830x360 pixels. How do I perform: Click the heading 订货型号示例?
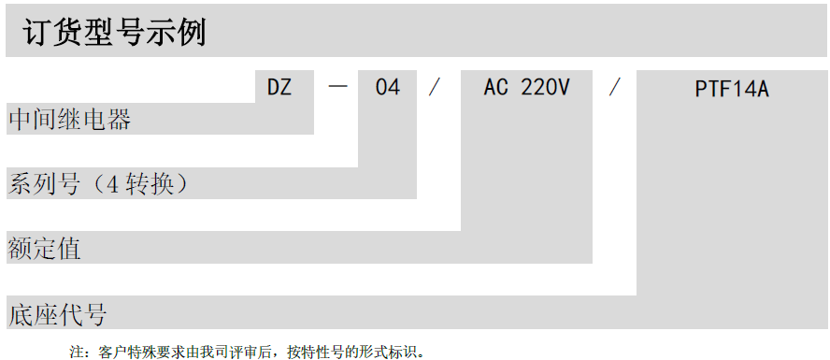click(113, 34)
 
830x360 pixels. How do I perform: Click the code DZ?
click(279, 88)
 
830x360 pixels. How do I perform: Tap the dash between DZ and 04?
click(338, 88)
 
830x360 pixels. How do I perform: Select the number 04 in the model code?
click(387, 88)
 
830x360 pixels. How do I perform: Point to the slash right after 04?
click(434, 88)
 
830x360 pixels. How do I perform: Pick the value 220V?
click(545, 88)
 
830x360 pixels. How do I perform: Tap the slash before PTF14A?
click(614, 88)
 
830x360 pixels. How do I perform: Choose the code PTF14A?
click(732, 90)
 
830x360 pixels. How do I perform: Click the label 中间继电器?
click(69, 120)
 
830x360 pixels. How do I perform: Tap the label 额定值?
click(44, 249)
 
